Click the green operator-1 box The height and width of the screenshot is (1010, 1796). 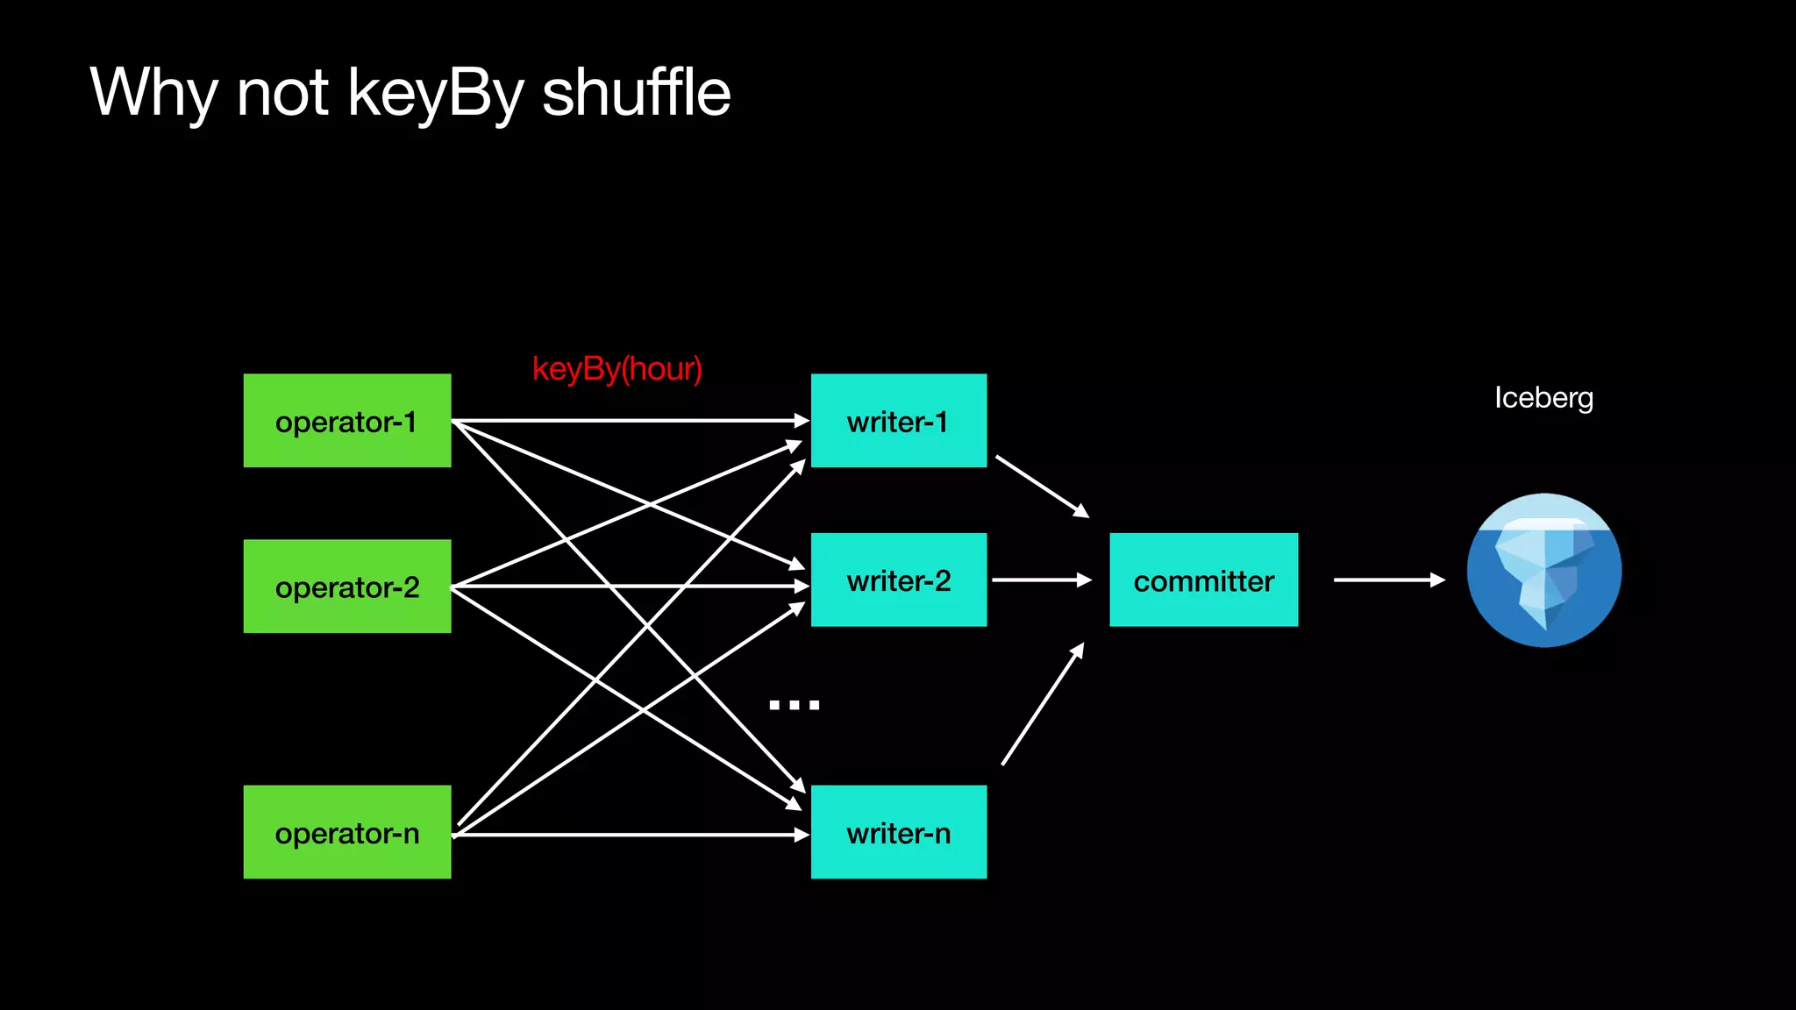tap(347, 421)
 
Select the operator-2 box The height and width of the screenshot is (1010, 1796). tap(347, 586)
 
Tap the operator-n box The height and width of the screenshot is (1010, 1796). tap(347, 832)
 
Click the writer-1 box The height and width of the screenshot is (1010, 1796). tap(898, 421)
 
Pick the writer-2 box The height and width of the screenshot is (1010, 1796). tap(898, 580)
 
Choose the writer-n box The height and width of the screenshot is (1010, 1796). tap(898, 832)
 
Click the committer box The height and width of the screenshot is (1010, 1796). tap(1203, 580)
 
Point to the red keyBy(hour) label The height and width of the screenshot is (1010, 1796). tap(616, 369)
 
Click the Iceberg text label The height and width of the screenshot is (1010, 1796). tap(1543, 398)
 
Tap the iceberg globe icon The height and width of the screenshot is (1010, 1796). tap(1543, 571)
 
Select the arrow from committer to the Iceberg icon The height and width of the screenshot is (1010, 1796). tap(1388, 580)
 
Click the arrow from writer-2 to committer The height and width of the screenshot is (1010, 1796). tap(1041, 580)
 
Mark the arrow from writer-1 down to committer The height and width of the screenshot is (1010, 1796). tap(1041, 486)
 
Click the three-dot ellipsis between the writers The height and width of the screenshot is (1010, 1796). tap(794, 705)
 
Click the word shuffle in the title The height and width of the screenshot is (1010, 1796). tap(636, 93)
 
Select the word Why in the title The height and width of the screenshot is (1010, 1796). tap(153, 93)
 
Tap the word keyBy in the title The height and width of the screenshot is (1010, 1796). tap(436, 93)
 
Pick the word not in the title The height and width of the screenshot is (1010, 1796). tap(282, 93)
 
